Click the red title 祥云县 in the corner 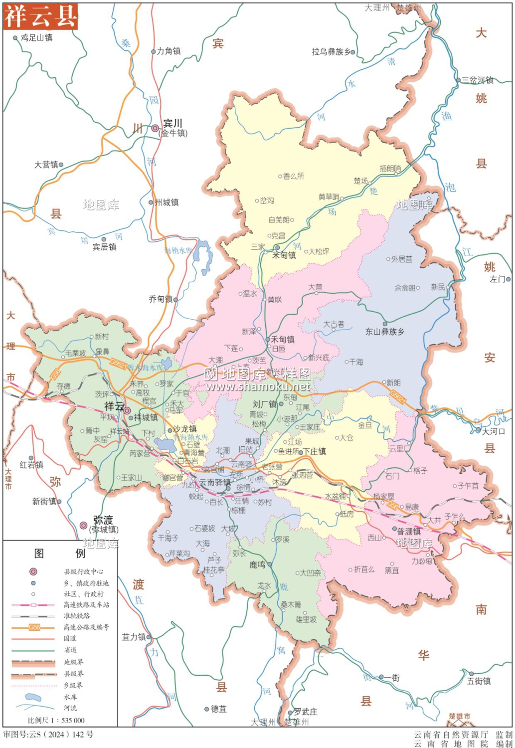(40, 16)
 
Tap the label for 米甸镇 (284, 255)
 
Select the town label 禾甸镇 (283, 340)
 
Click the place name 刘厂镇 (264, 404)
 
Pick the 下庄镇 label (315, 451)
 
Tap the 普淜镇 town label (409, 532)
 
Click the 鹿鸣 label (257, 565)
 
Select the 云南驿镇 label (215, 483)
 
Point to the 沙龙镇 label (184, 429)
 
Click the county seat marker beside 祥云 (127, 411)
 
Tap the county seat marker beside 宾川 (156, 128)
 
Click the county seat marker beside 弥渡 (84, 526)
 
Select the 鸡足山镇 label (36, 37)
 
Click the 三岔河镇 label (477, 80)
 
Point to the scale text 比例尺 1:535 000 (56, 720)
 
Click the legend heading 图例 (59, 553)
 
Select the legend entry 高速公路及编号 (86, 627)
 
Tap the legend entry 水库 (70, 697)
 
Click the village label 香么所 (294, 176)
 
